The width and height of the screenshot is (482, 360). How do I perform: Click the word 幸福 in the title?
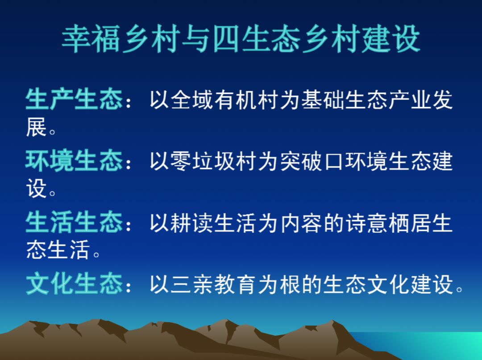point(91,39)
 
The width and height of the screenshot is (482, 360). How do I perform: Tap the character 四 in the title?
point(226,39)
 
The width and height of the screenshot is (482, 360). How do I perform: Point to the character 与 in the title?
point(196,39)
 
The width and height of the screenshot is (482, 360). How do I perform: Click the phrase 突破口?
point(312,161)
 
